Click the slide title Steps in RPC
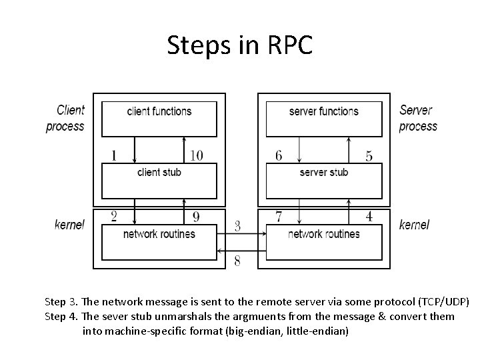(239, 45)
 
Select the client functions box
(159, 118)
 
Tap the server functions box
(324, 118)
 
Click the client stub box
(159, 179)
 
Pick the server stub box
(324, 179)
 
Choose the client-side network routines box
(159, 241)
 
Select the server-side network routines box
(324, 241)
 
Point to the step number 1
(114, 155)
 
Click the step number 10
(196, 155)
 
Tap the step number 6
(278, 155)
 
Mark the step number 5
(369, 156)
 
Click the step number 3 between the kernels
(237, 226)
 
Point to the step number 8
(237, 261)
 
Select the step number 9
(196, 216)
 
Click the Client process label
(66, 118)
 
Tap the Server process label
(418, 118)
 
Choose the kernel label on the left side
(70, 225)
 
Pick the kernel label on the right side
(414, 225)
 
